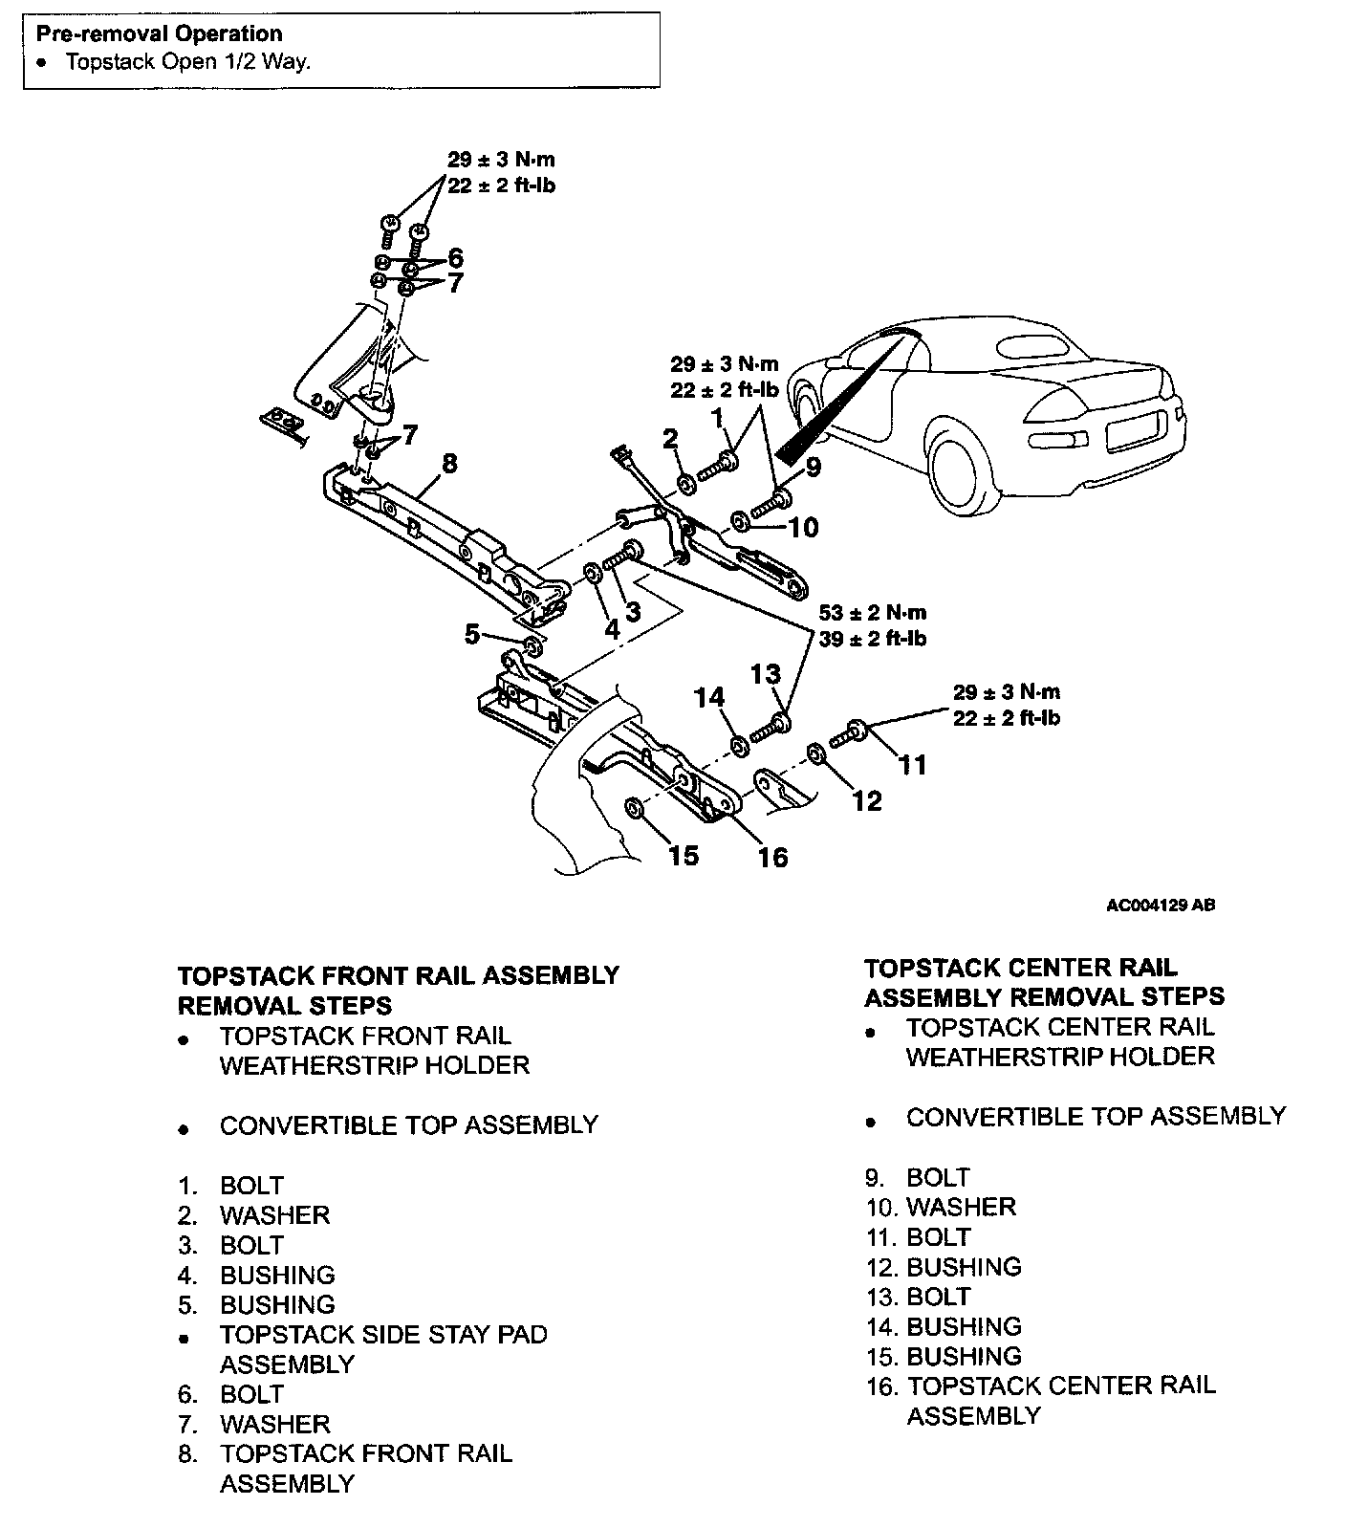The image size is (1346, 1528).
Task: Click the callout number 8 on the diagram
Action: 448,464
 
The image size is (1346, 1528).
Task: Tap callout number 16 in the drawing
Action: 772,857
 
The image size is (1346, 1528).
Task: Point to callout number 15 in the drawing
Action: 684,855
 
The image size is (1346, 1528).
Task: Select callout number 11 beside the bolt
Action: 913,765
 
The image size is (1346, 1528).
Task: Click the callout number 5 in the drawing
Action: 472,634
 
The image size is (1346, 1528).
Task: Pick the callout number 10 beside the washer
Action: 804,527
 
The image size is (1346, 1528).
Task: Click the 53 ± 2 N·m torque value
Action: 872,613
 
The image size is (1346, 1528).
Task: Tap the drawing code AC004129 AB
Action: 1160,905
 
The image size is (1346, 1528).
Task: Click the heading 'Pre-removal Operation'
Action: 160,34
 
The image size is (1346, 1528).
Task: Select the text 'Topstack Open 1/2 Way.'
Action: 187,62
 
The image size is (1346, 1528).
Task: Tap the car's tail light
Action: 1061,439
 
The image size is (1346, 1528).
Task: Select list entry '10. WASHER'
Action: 942,1207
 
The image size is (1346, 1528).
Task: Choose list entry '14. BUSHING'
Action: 944,1326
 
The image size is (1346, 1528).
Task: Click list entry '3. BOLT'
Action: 231,1245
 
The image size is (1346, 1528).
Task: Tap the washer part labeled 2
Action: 686,485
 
